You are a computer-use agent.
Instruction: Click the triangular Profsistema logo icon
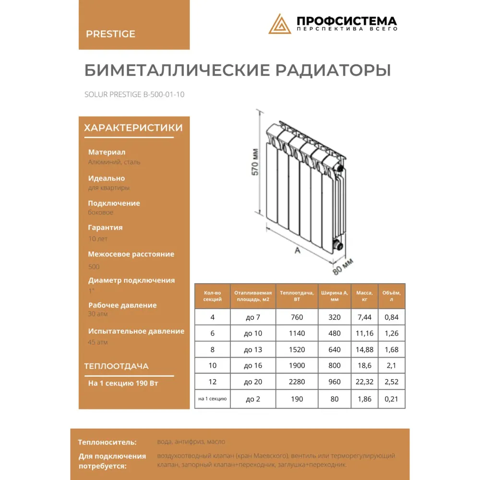280,24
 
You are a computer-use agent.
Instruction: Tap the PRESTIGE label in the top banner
110,34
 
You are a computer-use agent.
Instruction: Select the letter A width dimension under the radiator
297,251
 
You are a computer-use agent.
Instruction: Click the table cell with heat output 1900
297,366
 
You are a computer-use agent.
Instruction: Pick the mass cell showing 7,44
365,317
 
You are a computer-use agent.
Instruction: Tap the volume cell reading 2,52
392,382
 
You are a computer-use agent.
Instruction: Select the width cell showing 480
334,334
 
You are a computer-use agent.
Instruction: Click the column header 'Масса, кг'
365,296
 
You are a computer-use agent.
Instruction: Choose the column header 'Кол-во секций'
213,296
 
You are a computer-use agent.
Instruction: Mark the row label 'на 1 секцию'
213,398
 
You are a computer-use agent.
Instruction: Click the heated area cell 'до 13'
253,349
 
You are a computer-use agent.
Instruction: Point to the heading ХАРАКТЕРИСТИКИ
133,128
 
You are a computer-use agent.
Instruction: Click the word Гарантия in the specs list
106,228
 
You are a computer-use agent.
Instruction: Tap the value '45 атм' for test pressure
98,342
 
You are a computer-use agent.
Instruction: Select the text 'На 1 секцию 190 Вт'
123,384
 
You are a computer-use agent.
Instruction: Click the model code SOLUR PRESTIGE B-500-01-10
134,95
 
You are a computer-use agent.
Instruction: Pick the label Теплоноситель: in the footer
108,442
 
